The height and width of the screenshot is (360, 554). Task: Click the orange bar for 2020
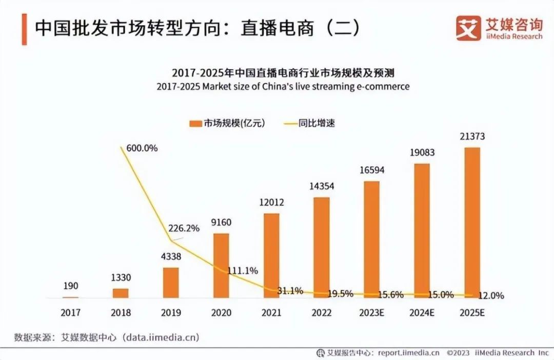[x=221, y=265]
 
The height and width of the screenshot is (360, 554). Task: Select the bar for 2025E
[x=472, y=222]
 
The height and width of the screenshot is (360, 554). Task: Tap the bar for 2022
[x=322, y=247]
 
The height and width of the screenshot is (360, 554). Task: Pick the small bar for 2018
[x=121, y=292]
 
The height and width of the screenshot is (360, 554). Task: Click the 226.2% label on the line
[x=184, y=229]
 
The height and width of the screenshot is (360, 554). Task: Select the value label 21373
[x=472, y=137]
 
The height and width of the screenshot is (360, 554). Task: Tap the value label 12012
[x=271, y=203]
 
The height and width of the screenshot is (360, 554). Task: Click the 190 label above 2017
[x=70, y=286]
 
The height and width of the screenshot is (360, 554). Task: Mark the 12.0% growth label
[x=490, y=296]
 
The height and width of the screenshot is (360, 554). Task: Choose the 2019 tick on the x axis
[x=171, y=312]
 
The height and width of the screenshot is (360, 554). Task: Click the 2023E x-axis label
[x=372, y=312]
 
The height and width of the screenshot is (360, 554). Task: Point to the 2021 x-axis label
[x=271, y=312]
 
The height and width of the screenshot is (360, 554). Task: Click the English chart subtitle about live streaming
[x=283, y=86]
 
